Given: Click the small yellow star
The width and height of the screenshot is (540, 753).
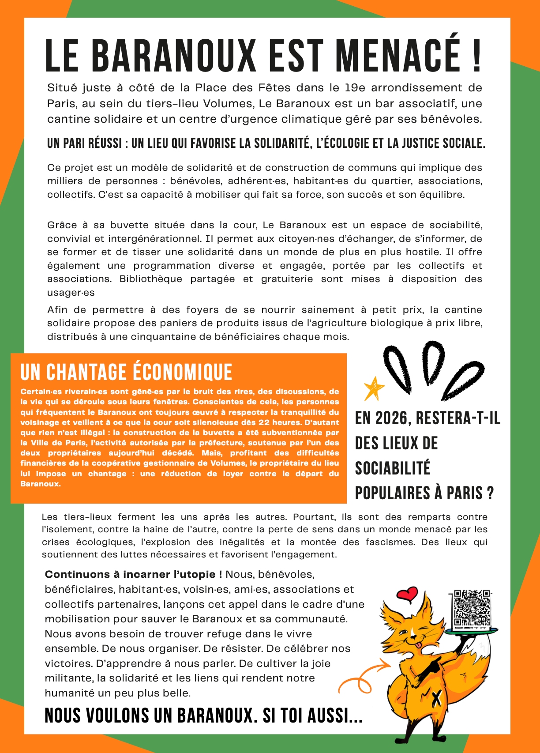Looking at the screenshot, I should point(373,388).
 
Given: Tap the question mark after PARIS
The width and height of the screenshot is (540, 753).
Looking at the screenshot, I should point(491,493).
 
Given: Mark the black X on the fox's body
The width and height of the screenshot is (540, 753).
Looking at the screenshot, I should point(436,698).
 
